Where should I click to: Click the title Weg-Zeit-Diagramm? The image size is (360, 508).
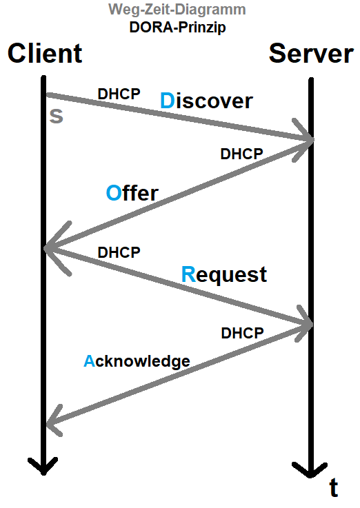click(x=177, y=10)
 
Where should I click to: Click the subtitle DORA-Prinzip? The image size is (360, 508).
click(x=177, y=28)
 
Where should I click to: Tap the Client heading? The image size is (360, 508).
click(x=45, y=53)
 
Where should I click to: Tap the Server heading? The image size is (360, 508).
click(x=311, y=53)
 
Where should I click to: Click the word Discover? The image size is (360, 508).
click(x=206, y=101)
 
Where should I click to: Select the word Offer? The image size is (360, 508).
click(x=132, y=193)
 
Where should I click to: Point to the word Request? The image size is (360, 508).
click(x=223, y=274)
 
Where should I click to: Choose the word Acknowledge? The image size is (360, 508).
click(x=137, y=360)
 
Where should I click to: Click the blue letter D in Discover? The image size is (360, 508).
click(x=168, y=101)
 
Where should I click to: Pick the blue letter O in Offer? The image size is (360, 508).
click(x=114, y=193)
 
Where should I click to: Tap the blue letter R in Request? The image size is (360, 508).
click(x=188, y=274)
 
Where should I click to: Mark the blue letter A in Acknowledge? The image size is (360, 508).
click(x=88, y=360)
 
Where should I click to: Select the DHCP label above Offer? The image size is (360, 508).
click(x=241, y=154)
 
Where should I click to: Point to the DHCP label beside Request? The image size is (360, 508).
click(x=119, y=252)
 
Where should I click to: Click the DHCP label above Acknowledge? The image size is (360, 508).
click(x=242, y=333)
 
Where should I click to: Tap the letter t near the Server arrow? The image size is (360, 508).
click(x=334, y=488)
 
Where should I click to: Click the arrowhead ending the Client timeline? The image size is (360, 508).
click(x=43, y=467)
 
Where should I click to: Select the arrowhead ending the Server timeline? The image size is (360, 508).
click(x=310, y=471)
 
